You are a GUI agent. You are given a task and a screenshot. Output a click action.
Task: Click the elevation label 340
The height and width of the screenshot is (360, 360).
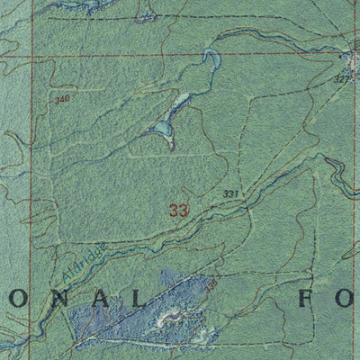pyautogui.click(x=61, y=99)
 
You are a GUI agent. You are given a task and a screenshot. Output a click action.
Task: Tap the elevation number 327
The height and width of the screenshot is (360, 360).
pyautogui.click(x=340, y=79)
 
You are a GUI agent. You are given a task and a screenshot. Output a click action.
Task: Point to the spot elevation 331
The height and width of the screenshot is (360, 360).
pyautogui.click(x=230, y=193)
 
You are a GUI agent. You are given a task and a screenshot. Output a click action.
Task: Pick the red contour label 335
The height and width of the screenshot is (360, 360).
pyautogui.click(x=211, y=286)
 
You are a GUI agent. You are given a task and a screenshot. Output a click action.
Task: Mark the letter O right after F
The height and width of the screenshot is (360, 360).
pyautogui.click(x=347, y=298)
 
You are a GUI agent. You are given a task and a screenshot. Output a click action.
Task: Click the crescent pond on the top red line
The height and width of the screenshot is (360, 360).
pyautogui.click(x=212, y=59)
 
